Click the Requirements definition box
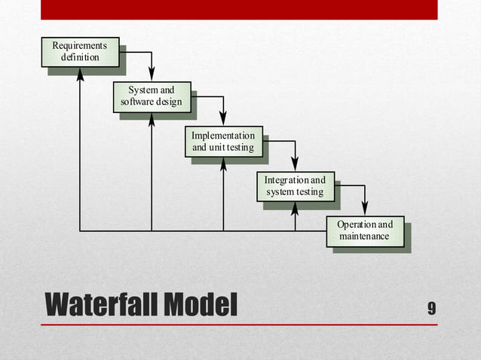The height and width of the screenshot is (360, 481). click(79, 51)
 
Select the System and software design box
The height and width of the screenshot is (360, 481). click(152, 96)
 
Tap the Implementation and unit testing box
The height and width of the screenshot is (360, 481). click(223, 141)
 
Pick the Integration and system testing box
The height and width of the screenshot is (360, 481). click(295, 186)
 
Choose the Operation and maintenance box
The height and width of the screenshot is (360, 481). click(365, 230)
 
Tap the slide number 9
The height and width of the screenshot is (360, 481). click(431, 307)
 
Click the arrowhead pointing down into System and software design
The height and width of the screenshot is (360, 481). click(152, 74)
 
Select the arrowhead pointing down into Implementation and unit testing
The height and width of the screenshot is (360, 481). click(223, 118)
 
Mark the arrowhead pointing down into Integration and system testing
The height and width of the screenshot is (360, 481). click(295, 163)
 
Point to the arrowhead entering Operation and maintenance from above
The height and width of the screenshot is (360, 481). click(365, 209)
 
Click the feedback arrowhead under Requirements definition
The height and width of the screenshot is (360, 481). click(80, 74)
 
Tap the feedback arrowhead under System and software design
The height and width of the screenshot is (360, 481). click(152, 119)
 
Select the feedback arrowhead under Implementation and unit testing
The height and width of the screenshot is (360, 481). click(223, 163)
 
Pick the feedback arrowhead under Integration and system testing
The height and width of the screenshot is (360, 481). click(295, 208)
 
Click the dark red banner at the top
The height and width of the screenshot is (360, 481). click(239, 9)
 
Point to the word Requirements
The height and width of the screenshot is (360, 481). click(79, 46)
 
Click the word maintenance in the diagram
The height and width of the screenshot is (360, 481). click(365, 236)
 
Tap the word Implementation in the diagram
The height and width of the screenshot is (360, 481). click(223, 136)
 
